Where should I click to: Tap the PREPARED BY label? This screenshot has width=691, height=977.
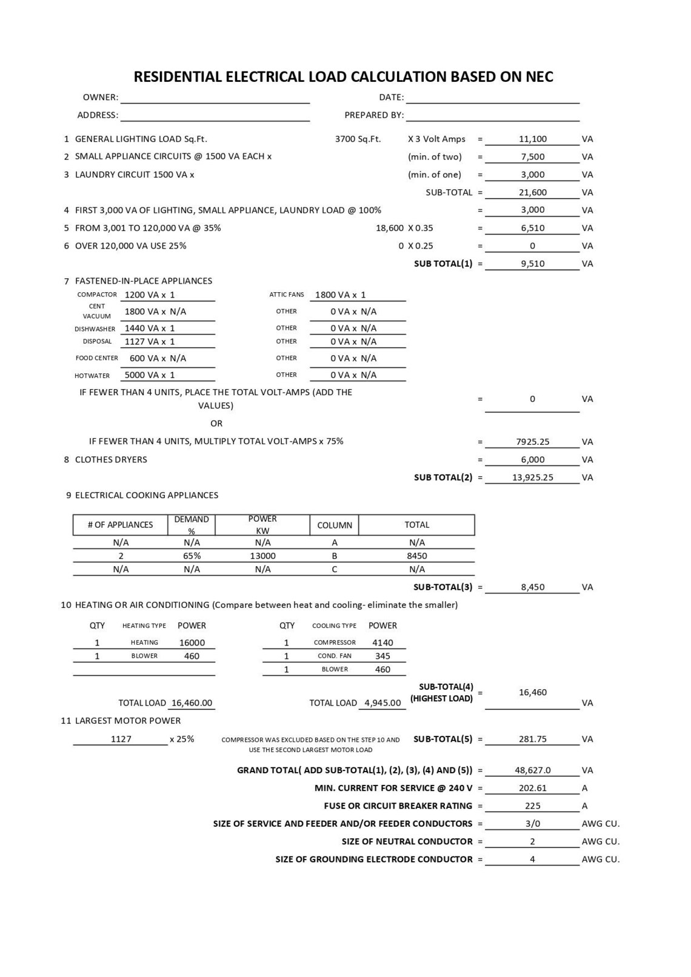pos(373,115)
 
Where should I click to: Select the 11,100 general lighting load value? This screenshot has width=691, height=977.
pos(532,139)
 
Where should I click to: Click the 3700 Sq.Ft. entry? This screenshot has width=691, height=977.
pos(358,139)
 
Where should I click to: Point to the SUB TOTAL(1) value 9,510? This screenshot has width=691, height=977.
pos(532,264)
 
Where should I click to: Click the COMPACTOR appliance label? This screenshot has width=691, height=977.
pos(97,295)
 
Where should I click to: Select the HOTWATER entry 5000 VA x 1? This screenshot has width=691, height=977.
pos(150,375)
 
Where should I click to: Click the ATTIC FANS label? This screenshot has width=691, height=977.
pos(286,295)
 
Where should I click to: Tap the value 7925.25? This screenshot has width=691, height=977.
pos(532,442)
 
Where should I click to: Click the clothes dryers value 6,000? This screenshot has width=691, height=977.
pos(532,459)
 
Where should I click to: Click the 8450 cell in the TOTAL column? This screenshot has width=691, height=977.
pos(416,556)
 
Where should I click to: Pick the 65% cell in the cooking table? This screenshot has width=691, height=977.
pos(192,556)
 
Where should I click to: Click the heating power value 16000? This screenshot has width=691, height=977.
pos(192,642)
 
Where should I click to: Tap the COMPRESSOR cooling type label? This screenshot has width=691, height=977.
pos(335,642)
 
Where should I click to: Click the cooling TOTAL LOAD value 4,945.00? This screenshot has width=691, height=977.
pos(382,703)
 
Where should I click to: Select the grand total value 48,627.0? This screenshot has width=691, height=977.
pos(532,770)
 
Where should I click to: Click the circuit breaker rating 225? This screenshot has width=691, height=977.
pos(532,806)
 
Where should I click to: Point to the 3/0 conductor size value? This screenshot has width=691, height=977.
pos(532,824)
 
